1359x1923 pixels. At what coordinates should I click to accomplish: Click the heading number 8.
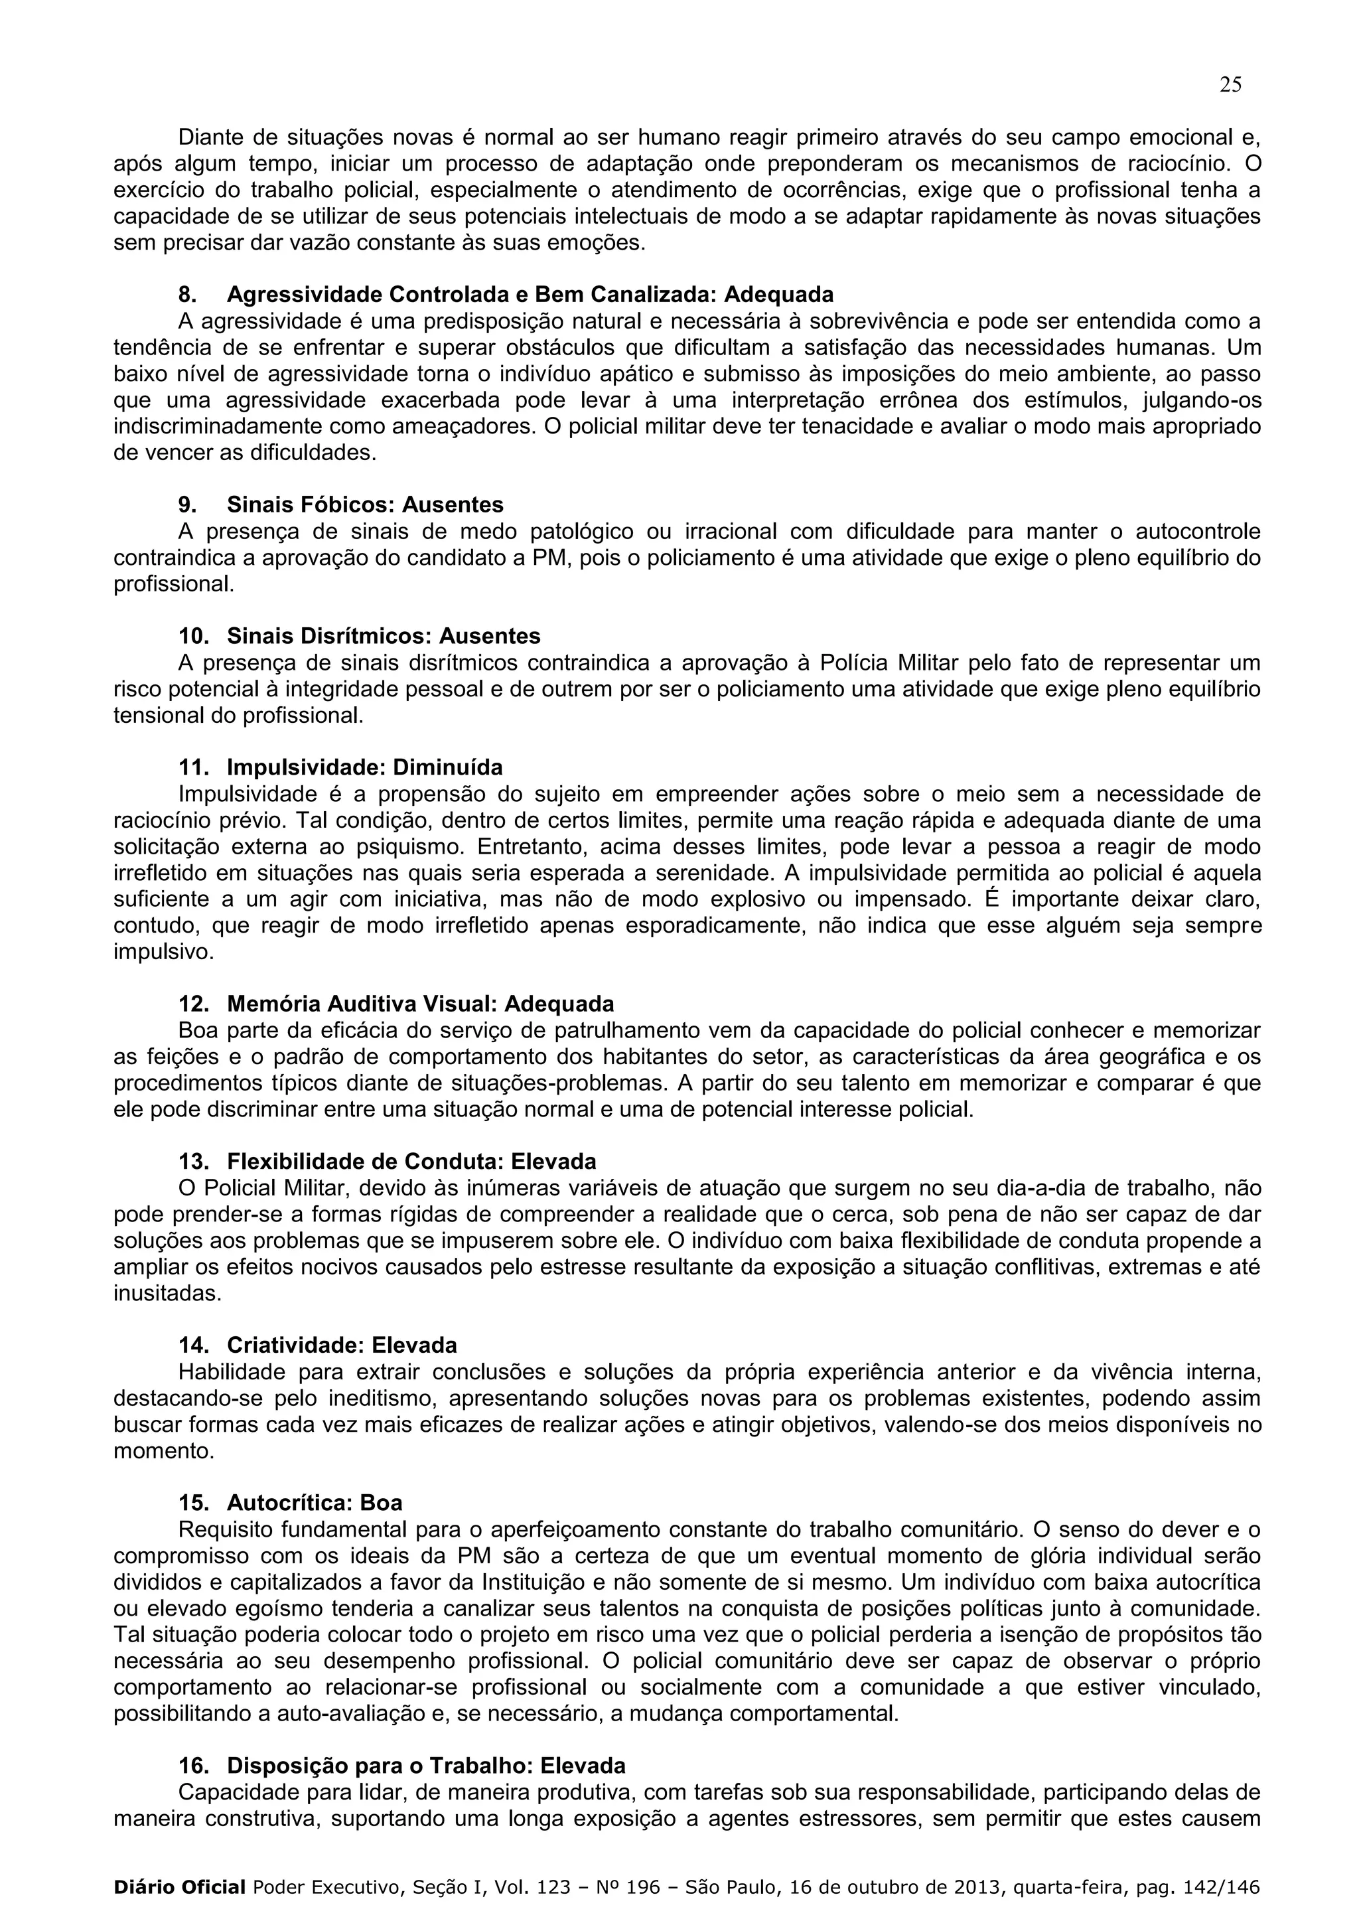[x=188, y=295]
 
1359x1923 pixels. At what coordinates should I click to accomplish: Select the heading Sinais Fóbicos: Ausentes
[x=365, y=505]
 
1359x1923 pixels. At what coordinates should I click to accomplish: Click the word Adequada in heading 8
[x=779, y=295]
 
